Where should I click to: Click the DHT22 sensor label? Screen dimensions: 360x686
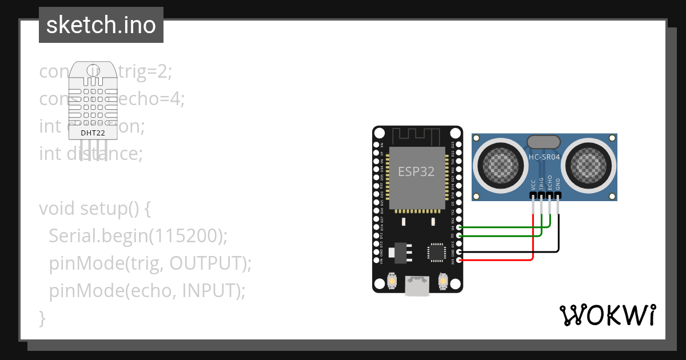[92, 133]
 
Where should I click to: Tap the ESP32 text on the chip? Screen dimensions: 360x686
[416, 171]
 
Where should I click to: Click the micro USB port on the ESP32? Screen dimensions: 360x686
[417, 286]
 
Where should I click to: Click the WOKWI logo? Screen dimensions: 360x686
[608, 315]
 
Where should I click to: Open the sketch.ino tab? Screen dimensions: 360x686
[101, 25]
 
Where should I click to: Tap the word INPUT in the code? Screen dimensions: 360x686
[207, 291]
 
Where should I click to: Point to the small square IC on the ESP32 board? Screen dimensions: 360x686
[436, 252]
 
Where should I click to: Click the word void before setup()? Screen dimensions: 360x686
[57, 208]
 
